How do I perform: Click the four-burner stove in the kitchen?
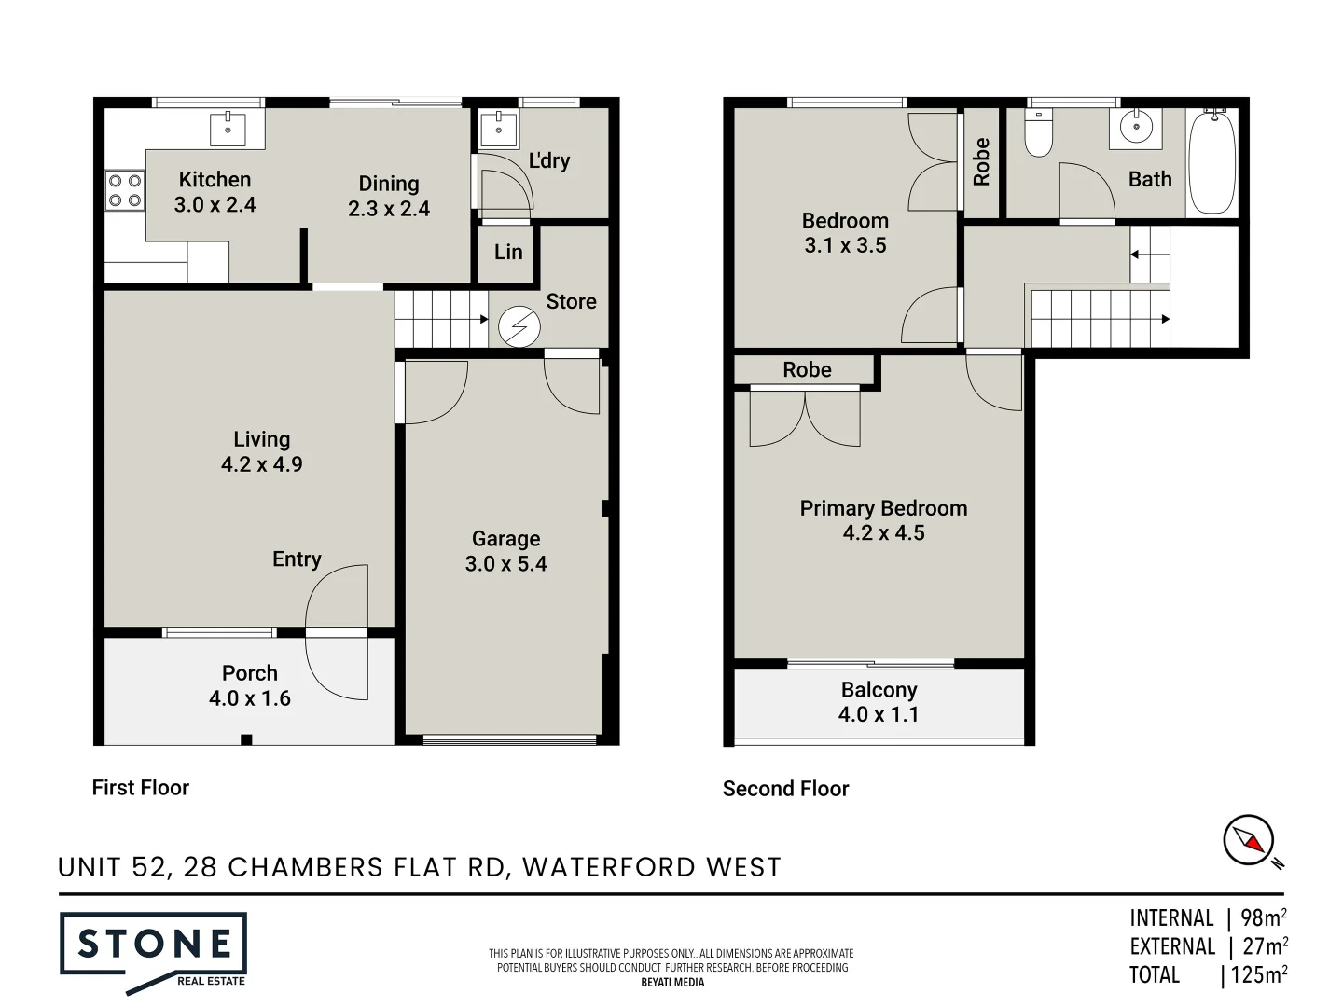click(125, 190)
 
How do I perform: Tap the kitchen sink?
click(228, 129)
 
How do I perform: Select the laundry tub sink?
click(499, 130)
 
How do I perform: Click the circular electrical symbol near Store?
click(519, 327)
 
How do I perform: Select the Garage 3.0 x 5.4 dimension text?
click(506, 564)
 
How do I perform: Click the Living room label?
click(261, 439)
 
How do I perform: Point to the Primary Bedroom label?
click(883, 508)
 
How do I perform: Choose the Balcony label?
click(879, 690)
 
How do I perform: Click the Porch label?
click(249, 673)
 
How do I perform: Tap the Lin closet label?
click(508, 252)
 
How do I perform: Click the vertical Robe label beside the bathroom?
click(981, 162)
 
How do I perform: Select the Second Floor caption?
click(785, 789)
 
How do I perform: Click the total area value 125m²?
click(1258, 975)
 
